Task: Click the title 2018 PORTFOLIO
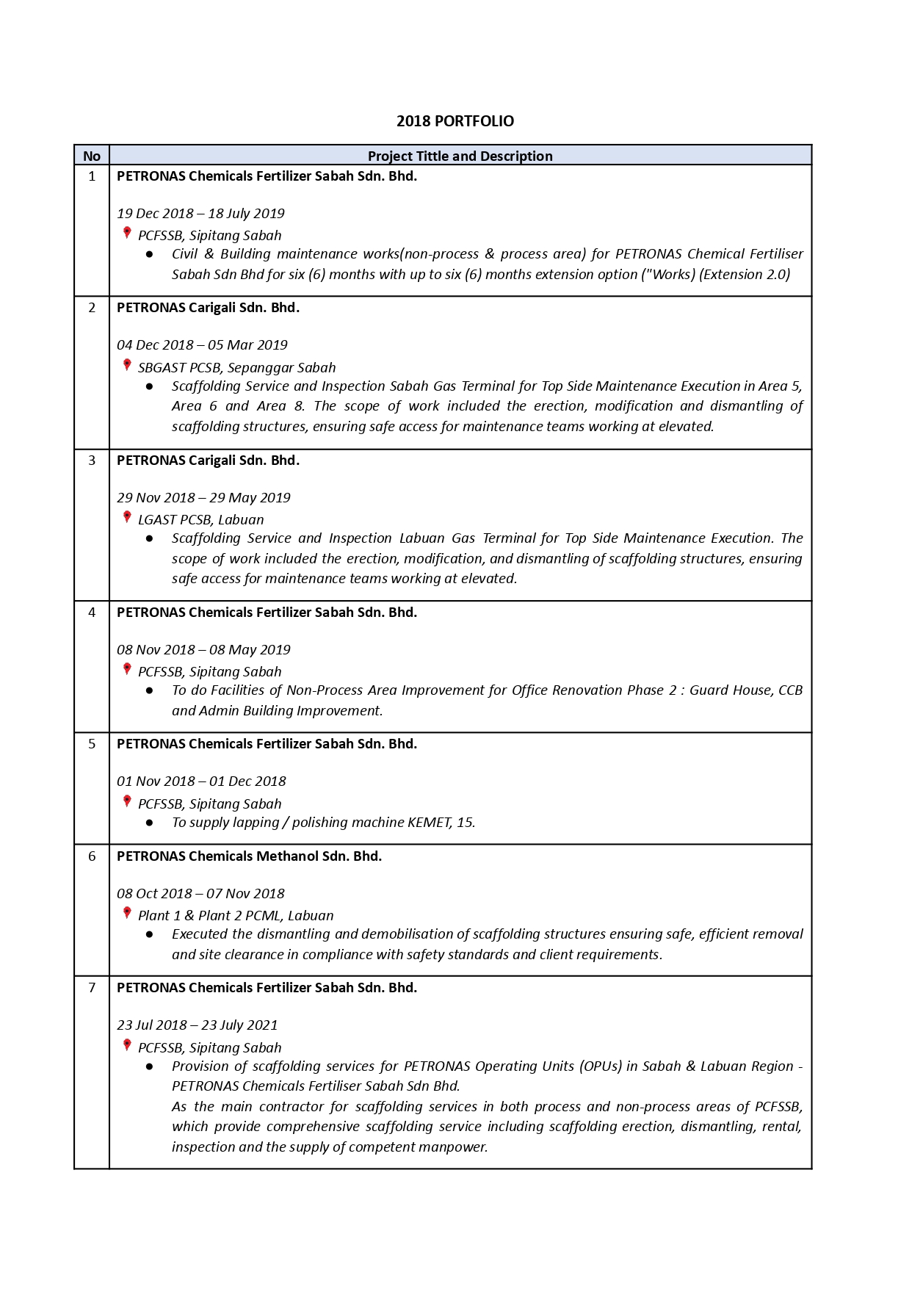(455, 121)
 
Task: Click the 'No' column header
(92, 156)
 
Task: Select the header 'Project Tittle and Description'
(460, 156)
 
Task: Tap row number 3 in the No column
(92, 461)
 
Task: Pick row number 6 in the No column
(92, 856)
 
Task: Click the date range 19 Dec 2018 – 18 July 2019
(200, 214)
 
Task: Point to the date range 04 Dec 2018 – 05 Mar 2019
(202, 345)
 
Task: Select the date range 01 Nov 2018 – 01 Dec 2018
(201, 781)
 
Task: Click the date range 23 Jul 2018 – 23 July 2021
(197, 1025)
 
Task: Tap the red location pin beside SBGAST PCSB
(127, 365)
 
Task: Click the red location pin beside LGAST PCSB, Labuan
(127, 517)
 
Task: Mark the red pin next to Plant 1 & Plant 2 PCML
(127, 913)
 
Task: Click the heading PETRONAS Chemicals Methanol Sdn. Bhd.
(249, 856)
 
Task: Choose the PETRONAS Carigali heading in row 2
(208, 308)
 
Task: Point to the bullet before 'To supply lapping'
(150, 823)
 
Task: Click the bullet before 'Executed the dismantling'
(150, 934)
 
